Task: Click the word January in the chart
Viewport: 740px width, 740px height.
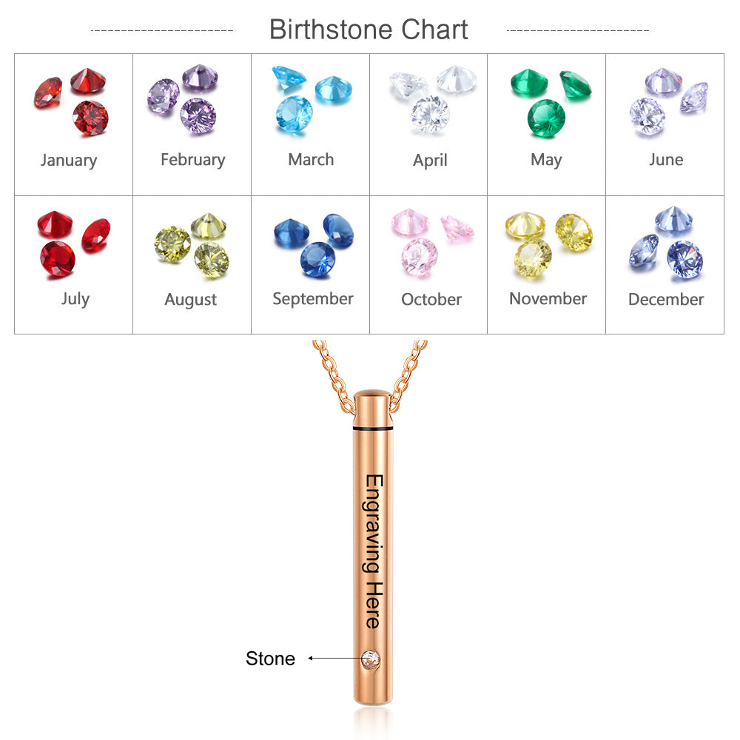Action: (x=69, y=161)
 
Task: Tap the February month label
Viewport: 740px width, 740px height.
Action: (x=193, y=160)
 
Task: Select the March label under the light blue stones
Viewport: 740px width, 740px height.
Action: (x=311, y=160)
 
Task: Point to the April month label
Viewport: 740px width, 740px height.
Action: (x=430, y=161)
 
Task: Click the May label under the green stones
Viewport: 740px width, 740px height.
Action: (x=547, y=161)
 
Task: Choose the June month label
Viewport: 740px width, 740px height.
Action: (x=666, y=160)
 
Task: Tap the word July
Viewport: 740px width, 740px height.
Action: (x=75, y=299)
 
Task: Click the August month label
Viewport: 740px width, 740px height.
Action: (x=191, y=300)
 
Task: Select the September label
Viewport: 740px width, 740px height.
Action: (x=313, y=299)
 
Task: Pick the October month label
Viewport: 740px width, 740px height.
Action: (x=431, y=299)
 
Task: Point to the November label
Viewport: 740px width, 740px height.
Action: (x=548, y=299)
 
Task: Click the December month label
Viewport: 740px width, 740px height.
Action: (x=666, y=299)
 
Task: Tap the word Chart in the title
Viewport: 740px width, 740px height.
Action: (x=434, y=30)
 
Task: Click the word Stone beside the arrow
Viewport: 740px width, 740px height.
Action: (x=270, y=659)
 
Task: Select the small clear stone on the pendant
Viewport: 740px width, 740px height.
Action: (x=371, y=659)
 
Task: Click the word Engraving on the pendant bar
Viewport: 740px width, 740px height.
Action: (x=373, y=524)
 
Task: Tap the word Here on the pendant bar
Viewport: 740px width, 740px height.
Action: (x=374, y=605)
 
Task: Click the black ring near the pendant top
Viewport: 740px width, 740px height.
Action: (x=373, y=428)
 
